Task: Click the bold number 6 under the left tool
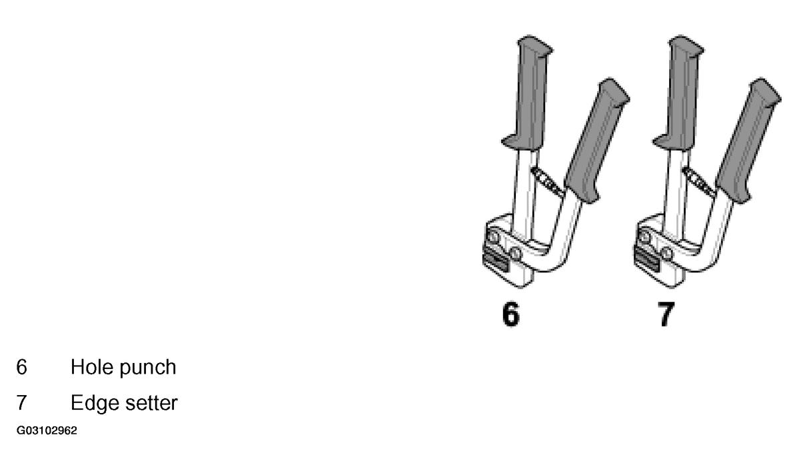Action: click(510, 314)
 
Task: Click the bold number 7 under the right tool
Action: click(666, 314)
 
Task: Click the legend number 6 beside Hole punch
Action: click(21, 367)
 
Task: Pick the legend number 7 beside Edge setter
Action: click(21, 403)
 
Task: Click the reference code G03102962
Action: click(47, 431)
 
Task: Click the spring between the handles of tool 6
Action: click(547, 182)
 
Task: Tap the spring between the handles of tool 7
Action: click(698, 182)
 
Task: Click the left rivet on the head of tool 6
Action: click(493, 237)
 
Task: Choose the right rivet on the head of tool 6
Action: click(515, 253)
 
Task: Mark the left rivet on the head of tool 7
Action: click(644, 237)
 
